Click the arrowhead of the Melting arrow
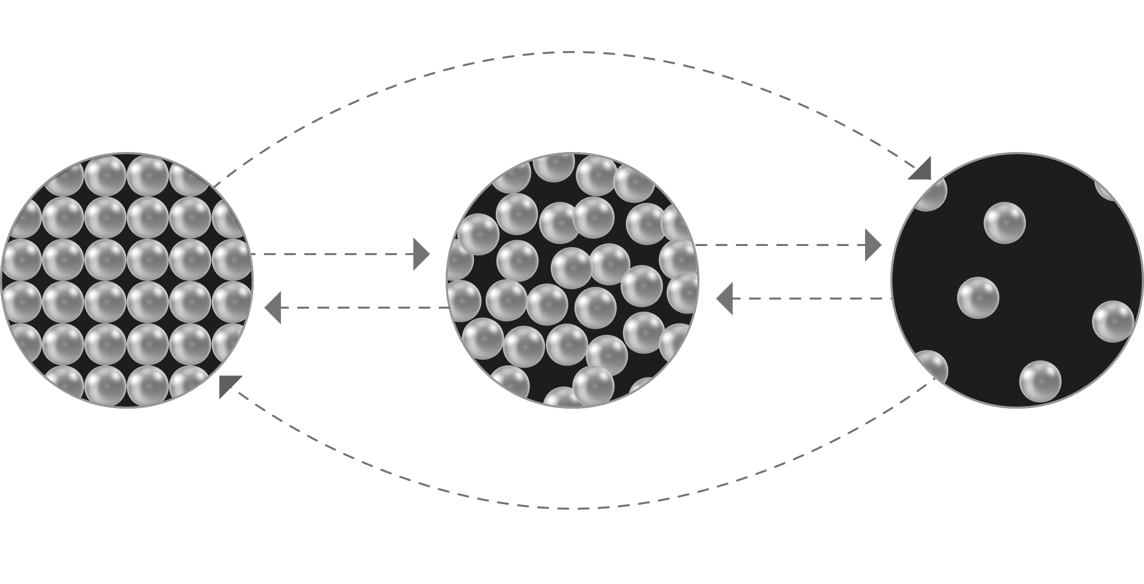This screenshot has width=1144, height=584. pos(421,254)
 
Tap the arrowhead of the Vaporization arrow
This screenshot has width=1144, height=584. pos(873,245)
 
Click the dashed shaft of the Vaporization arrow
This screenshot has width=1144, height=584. pos(778,245)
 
